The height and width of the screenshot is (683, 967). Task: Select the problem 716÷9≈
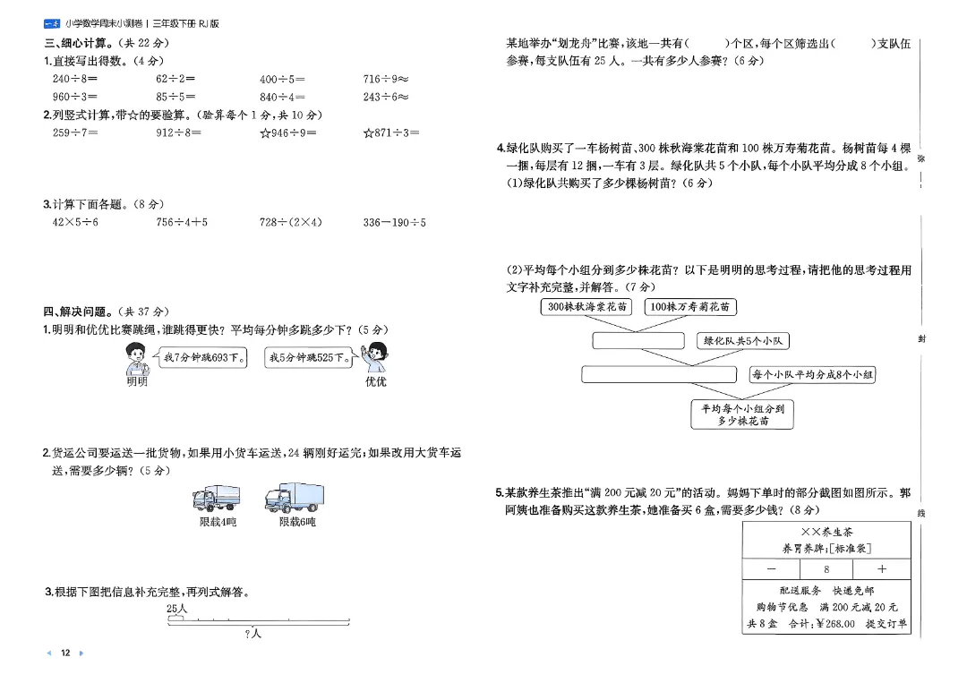386,79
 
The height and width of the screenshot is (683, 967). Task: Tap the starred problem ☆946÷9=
287,132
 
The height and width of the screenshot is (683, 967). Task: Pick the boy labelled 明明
136,360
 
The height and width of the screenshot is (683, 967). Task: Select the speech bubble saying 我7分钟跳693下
203,358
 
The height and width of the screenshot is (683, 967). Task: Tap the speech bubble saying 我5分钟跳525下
309,358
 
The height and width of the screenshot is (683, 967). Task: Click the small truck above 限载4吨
216,498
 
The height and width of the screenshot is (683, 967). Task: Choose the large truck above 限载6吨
295,497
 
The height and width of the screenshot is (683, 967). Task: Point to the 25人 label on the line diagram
176,609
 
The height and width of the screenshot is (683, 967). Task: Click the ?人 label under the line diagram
252,634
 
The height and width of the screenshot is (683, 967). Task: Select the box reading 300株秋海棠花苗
586,307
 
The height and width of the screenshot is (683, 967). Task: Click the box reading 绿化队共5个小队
743,340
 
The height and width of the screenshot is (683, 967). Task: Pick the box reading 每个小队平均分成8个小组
812,374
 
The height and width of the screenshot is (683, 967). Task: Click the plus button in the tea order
881,568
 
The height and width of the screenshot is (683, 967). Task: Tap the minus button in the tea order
771,568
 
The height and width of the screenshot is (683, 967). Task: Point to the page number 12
64,653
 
